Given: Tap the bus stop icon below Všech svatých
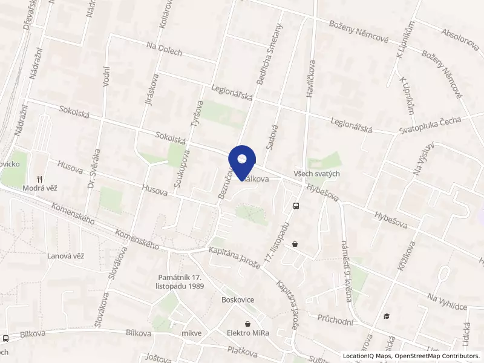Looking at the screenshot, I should click(x=296, y=206).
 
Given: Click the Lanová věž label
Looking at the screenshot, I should click(x=65, y=256).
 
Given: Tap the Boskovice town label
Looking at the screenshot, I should click(x=237, y=300).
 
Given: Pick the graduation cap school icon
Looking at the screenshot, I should click(x=387, y=315).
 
